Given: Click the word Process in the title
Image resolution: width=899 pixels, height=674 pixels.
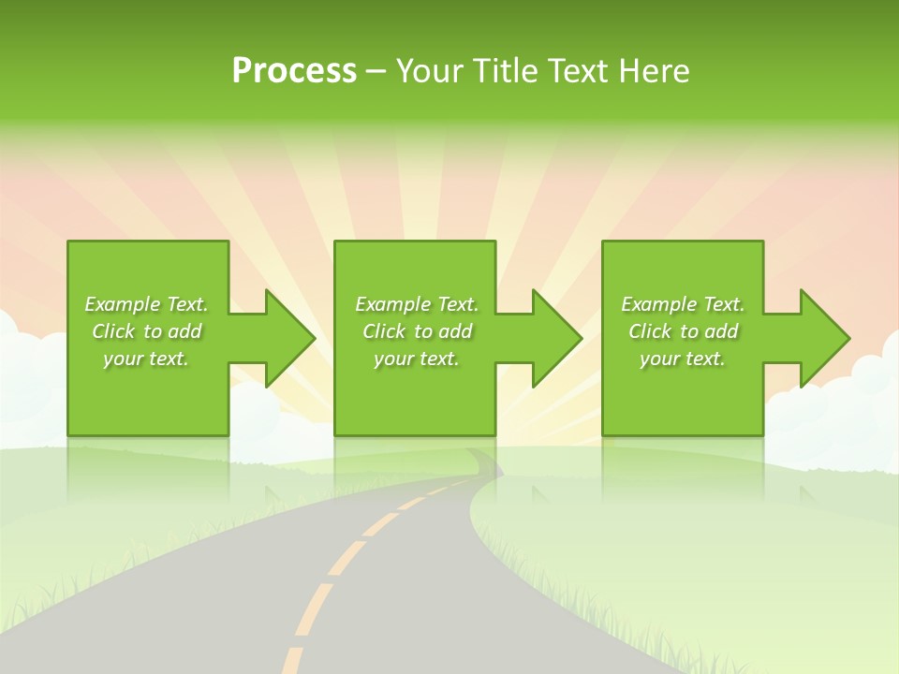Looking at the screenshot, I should point(294,71).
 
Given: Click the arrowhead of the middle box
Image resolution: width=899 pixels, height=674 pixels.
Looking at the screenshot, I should point(557,338).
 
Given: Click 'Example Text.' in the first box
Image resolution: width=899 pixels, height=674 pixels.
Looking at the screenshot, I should point(146,304).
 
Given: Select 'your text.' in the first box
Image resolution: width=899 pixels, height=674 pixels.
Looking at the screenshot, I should point(146,359).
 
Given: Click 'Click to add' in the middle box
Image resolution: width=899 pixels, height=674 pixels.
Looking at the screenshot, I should point(417,331).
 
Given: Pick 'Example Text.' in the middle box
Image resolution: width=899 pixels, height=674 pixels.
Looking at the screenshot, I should point(417,304).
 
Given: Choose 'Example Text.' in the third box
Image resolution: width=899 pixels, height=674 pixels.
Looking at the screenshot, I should point(683,304).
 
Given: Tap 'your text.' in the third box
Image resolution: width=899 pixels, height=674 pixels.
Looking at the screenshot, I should point(683,359).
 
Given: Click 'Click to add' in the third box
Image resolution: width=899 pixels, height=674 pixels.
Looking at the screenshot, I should point(683,331).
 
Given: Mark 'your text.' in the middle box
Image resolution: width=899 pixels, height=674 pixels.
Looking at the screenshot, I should point(417,359).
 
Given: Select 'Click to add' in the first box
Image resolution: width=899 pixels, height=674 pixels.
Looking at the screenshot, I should point(146,331).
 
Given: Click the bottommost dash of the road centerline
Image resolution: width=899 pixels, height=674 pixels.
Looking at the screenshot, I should point(293,661).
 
